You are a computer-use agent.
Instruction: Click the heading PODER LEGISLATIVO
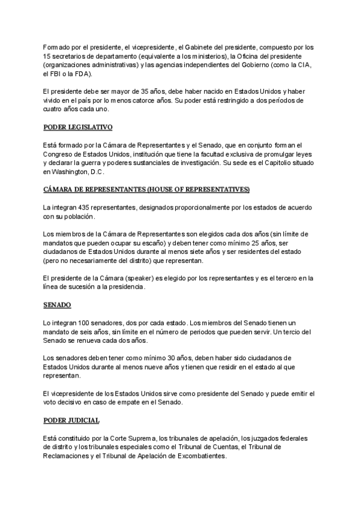[78, 127]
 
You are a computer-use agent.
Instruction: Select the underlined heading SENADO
[58, 305]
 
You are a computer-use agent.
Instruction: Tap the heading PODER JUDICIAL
[71, 420]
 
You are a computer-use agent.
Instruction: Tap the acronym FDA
[82, 74]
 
